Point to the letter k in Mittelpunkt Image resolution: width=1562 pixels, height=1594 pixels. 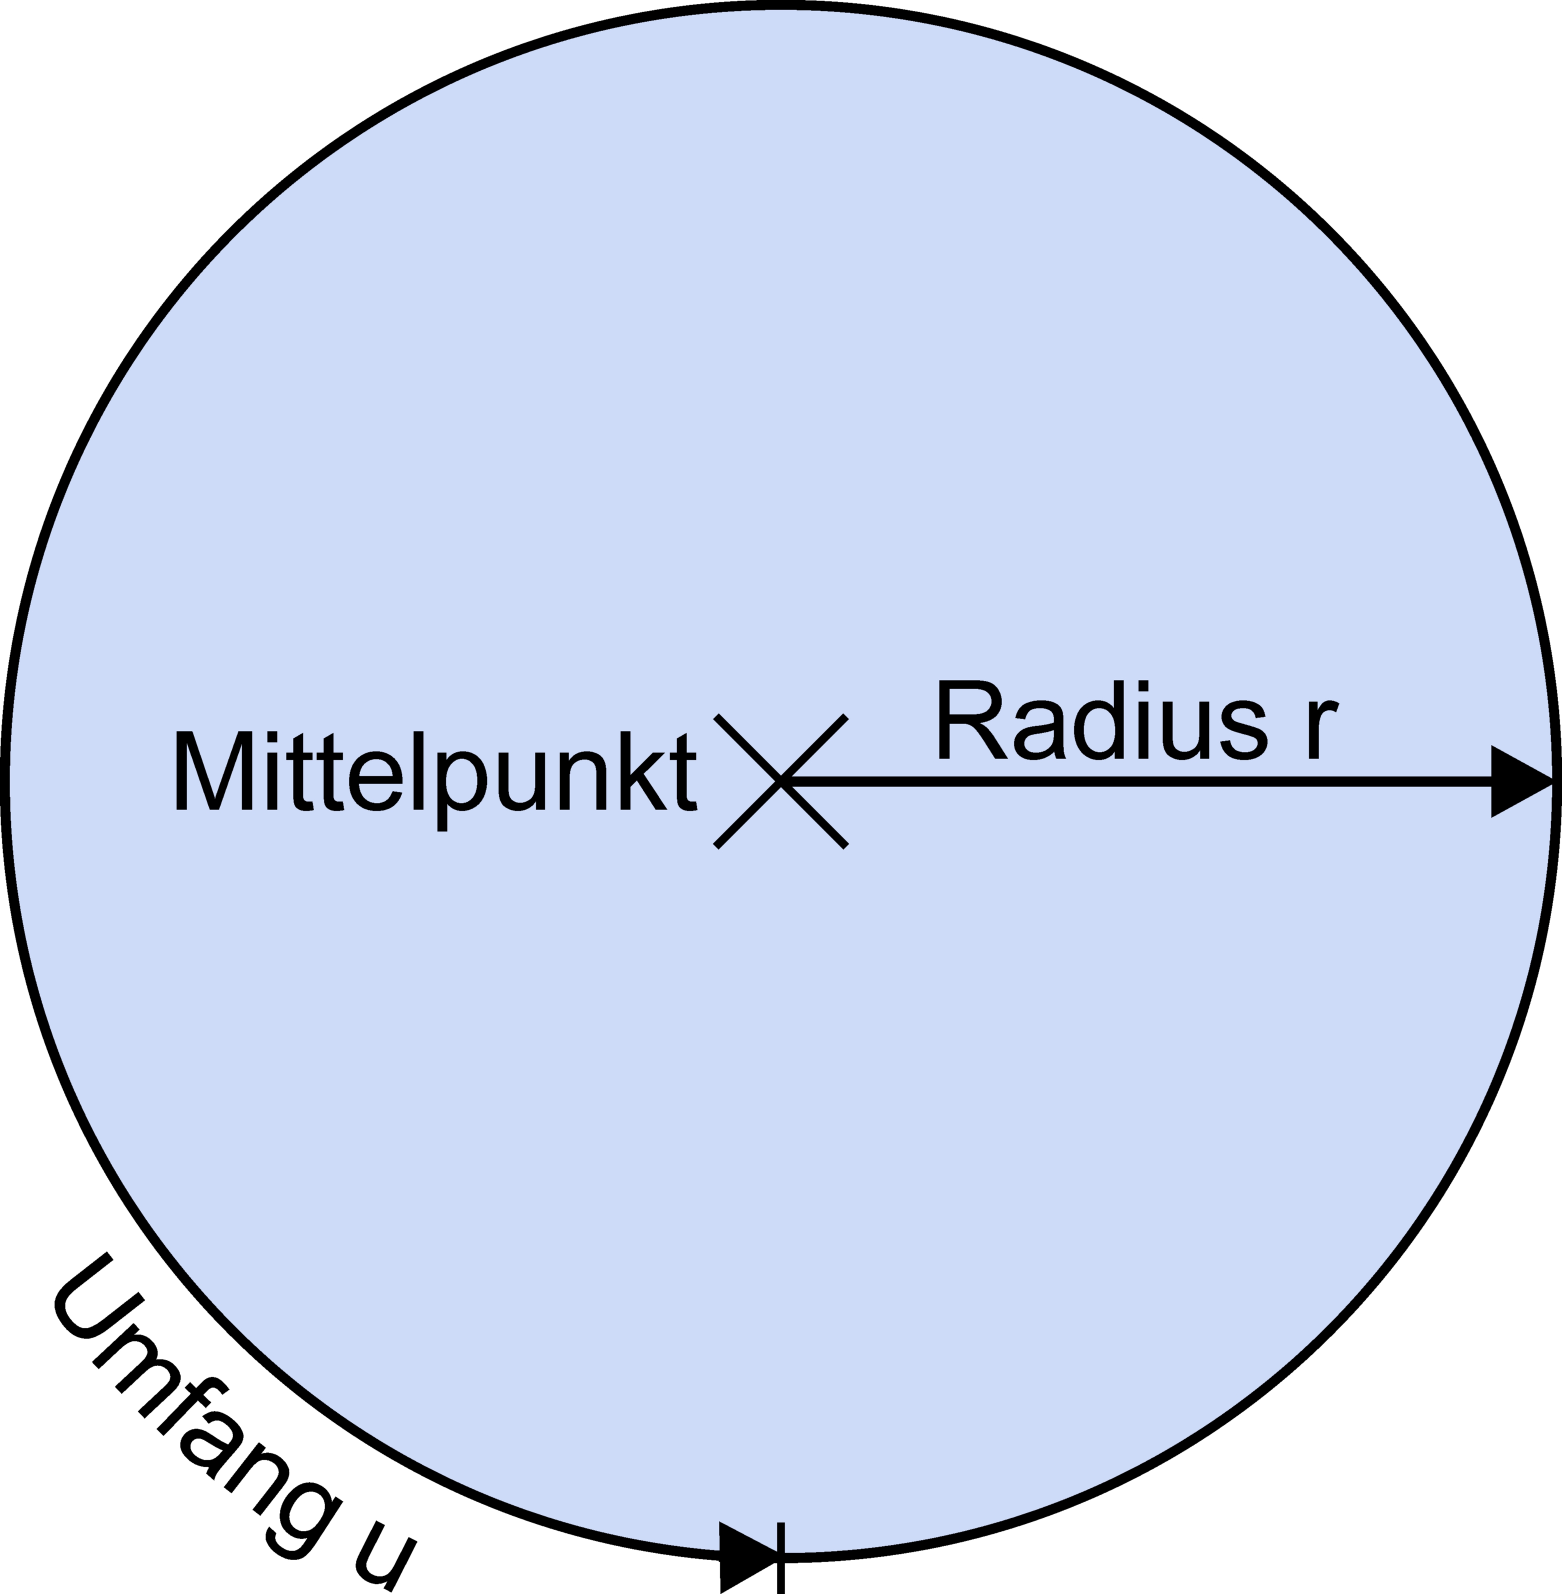coord(644,772)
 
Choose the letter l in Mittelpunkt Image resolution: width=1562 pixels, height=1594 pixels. coord(419,772)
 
